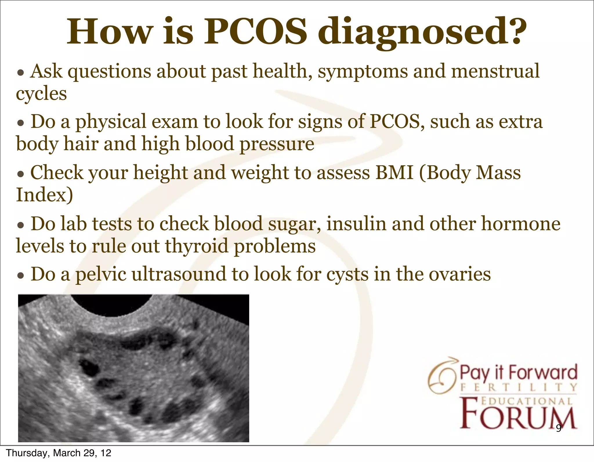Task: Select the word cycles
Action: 41,94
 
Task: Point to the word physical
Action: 111,122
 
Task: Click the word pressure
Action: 277,144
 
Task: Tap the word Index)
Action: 44,195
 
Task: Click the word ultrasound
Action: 179,274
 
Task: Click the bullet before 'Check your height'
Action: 20,175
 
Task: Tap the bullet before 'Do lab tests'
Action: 20,226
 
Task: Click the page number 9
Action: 559,428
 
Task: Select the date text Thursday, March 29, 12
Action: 59,453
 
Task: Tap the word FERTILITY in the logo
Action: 519,387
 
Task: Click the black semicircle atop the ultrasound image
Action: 111,305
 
